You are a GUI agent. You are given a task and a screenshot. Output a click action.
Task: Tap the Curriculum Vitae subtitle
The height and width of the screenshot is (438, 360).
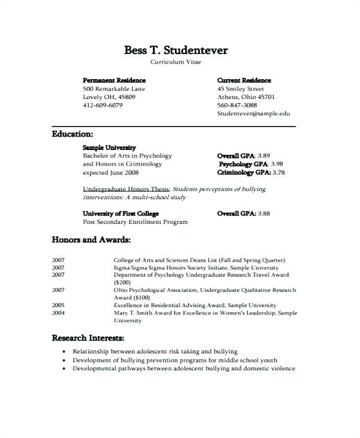[176, 62]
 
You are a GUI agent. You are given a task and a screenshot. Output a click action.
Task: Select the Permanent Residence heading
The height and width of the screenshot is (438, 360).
[114, 80]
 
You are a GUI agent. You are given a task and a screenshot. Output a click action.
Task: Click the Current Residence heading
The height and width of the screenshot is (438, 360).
[244, 80]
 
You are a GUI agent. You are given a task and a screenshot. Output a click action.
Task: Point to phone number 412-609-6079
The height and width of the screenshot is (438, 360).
[103, 105]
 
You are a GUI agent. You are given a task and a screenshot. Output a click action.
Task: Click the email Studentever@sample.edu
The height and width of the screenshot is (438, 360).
[253, 113]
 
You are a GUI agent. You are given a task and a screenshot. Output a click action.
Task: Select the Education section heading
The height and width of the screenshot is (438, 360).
[72, 134]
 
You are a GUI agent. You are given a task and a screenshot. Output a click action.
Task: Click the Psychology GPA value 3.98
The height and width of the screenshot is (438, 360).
[277, 164]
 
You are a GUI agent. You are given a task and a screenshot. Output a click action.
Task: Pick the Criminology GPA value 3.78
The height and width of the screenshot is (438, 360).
[279, 172]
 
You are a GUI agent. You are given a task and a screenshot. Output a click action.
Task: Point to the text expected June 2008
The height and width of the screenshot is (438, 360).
[110, 172]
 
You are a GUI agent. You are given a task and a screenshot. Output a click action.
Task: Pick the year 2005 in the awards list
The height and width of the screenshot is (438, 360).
[58, 305]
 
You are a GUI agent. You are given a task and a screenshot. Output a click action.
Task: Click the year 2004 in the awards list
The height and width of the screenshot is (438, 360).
[58, 313]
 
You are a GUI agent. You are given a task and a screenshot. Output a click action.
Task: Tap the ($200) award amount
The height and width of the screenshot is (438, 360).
[122, 281]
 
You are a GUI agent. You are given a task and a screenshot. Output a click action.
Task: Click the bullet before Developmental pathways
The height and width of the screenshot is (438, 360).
[64, 368]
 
